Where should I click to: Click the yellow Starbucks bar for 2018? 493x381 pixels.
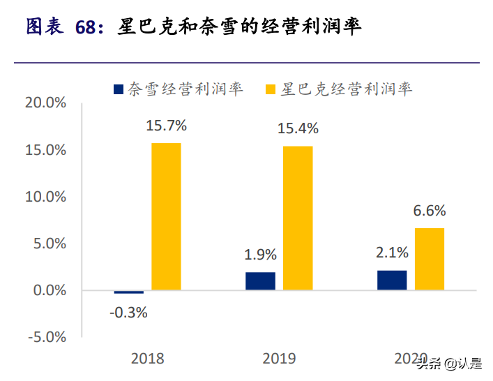pos(166,216)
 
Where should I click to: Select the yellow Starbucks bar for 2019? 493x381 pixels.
pos(297,218)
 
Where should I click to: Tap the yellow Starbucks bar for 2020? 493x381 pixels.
pos(429,259)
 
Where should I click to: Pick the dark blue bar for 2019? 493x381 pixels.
pos(260,281)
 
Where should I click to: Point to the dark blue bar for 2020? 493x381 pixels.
pos(392,281)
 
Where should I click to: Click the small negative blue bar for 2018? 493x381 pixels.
pos(129,292)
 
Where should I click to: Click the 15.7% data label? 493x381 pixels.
pos(166,126)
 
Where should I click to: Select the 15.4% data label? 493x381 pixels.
pos(298,128)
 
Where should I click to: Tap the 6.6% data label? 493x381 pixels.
pos(429,211)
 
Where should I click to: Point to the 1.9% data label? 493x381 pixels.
pos(260,255)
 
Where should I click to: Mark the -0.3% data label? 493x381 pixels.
pos(128,313)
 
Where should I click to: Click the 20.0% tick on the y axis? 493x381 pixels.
pos(45,103)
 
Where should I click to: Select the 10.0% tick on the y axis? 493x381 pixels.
pos(45,197)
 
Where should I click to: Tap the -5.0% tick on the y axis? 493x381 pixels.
pos(45,337)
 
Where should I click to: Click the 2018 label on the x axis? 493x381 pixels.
pos(147,359)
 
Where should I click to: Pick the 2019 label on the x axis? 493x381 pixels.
pos(279,359)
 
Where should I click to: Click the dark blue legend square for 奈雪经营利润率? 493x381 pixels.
pos(118,89)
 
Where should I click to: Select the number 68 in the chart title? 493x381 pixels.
pos(89,27)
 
